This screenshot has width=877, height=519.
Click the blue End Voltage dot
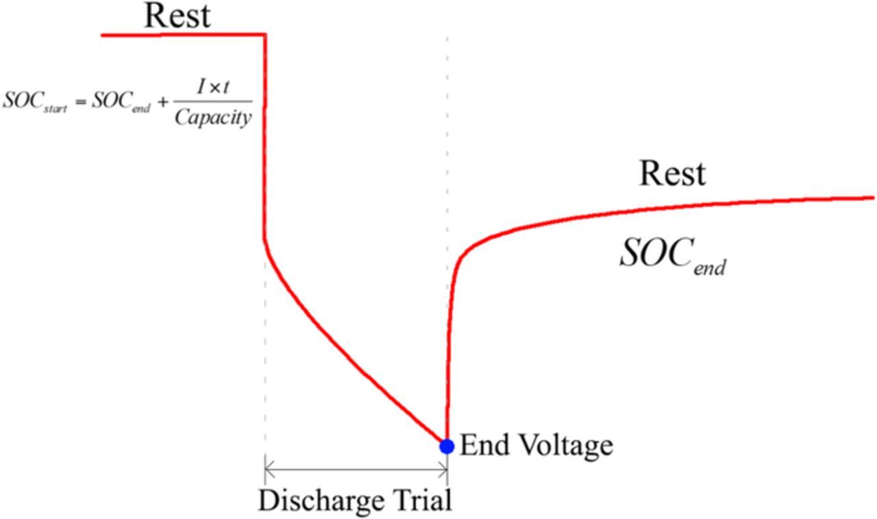[447, 446]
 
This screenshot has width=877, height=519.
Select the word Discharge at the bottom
[322, 501]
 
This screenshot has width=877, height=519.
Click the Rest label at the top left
[177, 15]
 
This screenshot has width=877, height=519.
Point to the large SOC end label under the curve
[672, 256]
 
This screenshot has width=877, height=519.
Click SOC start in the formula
[35, 101]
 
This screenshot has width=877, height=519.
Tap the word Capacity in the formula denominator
[212, 118]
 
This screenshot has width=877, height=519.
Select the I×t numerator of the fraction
[212, 87]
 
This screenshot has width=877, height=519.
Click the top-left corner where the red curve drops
[264, 34]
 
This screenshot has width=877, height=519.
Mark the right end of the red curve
[873, 197]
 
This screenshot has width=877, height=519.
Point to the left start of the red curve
[103, 34]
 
